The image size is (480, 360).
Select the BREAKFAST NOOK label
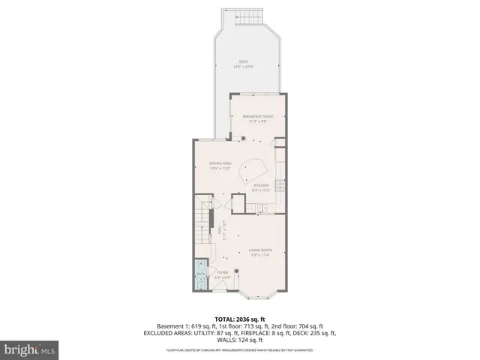[258, 118]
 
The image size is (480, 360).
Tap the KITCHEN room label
[260, 187]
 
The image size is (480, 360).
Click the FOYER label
[223, 274]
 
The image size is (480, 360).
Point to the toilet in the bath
[200, 265]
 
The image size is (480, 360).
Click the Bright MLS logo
[30, 349]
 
